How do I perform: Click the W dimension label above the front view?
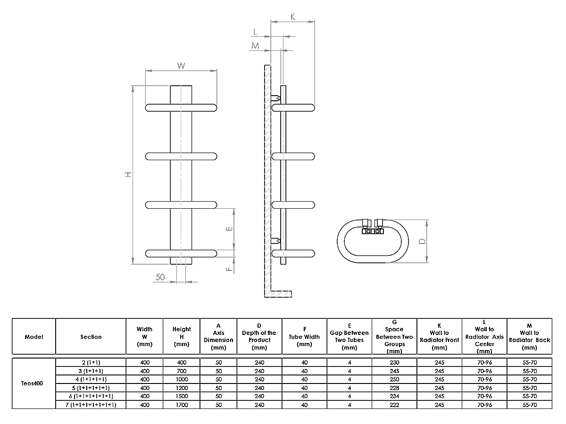click(x=181, y=65)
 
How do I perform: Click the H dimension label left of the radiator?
click(x=127, y=174)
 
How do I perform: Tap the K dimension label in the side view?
click(x=292, y=16)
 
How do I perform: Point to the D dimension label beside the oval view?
click(x=422, y=241)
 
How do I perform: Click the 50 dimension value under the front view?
click(x=160, y=277)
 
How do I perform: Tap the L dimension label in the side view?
click(x=255, y=32)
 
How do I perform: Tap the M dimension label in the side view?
click(x=255, y=46)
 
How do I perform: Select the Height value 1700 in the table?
click(x=182, y=405)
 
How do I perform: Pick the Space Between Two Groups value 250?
click(x=394, y=379)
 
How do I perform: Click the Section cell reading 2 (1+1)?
click(x=91, y=362)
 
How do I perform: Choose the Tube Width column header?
click(x=304, y=336)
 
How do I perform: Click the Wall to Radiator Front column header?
click(x=439, y=336)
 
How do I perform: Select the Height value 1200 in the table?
click(x=182, y=388)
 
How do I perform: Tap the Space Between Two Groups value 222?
click(x=394, y=405)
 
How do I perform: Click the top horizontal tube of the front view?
click(x=181, y=107)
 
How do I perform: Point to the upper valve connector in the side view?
click(x=275, y=98)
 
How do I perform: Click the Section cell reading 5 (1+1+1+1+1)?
click(x=91, y=388)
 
